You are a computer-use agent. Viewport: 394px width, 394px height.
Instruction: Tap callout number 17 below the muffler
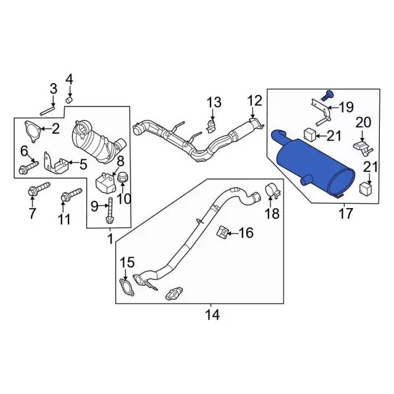(x=345, y=214)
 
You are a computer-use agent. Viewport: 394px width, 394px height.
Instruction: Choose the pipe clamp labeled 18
(x=271, y=191)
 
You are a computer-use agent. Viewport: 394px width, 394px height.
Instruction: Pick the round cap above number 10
(x=123, y=177)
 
